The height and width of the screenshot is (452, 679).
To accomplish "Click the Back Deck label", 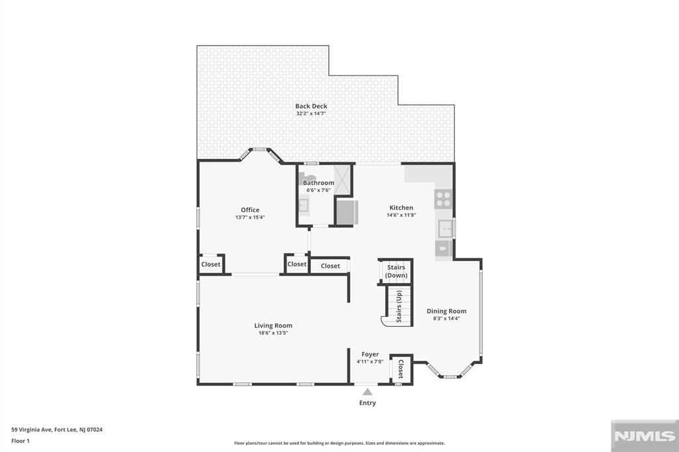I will click(x=311, y=106).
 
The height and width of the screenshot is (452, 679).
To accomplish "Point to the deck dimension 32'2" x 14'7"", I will click(x=311, y=113).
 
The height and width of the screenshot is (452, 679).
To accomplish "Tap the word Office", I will click(x=250, y=210).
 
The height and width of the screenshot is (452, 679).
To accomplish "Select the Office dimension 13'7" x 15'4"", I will click(x=250, y=217).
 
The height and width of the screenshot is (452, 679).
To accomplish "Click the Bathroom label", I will click(x=318, y=183).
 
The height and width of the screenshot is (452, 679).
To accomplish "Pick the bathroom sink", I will click(x=304, y=206).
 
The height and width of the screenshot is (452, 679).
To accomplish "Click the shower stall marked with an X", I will click(x=343, y=180).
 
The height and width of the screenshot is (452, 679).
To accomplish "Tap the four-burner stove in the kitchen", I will click(x=443, y=198).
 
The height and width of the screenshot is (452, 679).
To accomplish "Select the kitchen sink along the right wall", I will click(x=445, y=228).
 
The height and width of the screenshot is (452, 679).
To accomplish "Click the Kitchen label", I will click(x=401, y=207).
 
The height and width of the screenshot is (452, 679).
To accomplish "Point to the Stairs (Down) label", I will click(x=397, y=271).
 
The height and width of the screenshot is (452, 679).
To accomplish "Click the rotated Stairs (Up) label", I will click(x=399, y=306).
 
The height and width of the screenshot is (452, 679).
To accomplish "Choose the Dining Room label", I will click(x=446, y=311).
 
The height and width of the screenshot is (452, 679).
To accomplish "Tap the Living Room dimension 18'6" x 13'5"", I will click(x=273, y=333).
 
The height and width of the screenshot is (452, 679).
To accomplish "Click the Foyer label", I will click(x=370, y=355).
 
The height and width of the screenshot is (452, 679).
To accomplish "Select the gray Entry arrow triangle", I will click(x=367, y=392).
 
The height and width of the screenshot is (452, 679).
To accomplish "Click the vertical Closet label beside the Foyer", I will click(x=401, y=368).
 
